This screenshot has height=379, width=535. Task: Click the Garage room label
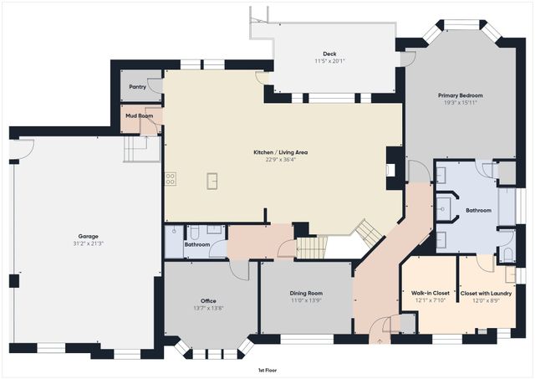tap(89, 236)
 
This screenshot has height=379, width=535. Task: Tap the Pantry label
tap(137, 87)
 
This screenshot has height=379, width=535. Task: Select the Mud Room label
tap(140, 115)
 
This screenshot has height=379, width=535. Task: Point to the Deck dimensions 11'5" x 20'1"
tap(329, 61)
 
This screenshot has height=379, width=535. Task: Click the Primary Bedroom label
tap(461, 95)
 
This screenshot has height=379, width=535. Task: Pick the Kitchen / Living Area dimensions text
tap(281, 159)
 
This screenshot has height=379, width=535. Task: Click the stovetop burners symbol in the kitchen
tap(171, 178)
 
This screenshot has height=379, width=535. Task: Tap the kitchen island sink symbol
tap(212, 181)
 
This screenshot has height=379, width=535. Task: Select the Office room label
tap(208, 301)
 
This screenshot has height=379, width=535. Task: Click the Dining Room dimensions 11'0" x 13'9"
tap(307, 300)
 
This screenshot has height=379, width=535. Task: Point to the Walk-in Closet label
tap(431, 293)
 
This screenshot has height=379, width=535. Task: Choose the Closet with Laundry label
tap(486, 294)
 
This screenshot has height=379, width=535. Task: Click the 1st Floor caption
tap(267, 370)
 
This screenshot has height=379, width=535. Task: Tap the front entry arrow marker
tap(380, 341)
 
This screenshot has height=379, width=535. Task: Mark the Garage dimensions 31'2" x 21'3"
tap(88, 243)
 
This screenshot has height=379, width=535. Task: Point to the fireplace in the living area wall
tap(390, 170)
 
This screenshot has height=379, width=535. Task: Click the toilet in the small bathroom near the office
tap(195, 233)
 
